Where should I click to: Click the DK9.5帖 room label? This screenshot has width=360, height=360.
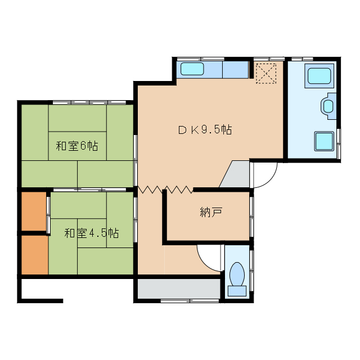tap(205, 130)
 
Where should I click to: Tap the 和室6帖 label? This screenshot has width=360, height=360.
tap(77, 146)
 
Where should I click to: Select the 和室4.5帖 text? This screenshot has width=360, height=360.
tap(91, 233)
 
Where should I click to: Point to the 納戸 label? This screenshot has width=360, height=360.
tap(211, 213)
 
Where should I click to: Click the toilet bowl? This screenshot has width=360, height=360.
tap(237, 274)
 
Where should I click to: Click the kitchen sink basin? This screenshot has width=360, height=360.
tap(192, 70)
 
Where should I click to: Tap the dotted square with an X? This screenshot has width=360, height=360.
tap(267, 73)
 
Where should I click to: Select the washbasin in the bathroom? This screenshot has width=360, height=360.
tap(328, 106)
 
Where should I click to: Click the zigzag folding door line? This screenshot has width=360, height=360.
tap(165, 190)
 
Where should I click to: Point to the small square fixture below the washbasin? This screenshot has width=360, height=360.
tap(325, 140)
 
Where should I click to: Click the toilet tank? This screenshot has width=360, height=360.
tap(237, 291)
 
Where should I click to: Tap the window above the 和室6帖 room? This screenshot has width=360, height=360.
tap(90, 102)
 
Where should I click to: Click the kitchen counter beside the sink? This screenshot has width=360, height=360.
tap(235, 70)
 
